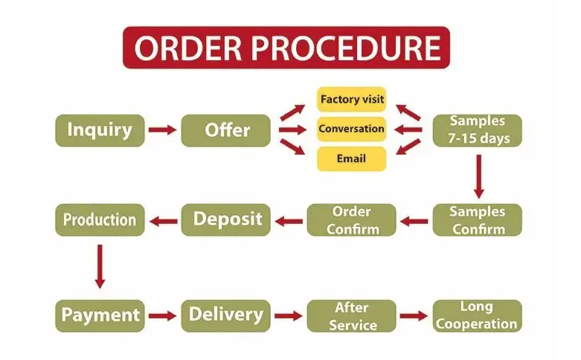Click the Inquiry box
(99, 130)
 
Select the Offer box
(226, 130)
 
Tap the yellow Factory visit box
(351, 99)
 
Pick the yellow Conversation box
(351, 129)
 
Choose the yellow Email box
(351, 158)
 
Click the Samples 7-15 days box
(478, 130)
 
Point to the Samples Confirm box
(478, 220)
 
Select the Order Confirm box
(352, 220)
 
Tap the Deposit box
(226, 219)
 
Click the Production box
(99, 219)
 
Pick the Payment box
(99, 315)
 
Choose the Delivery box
(226, 315)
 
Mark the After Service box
(352, 315)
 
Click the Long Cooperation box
(478, 315)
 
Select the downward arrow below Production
(100, 266)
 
